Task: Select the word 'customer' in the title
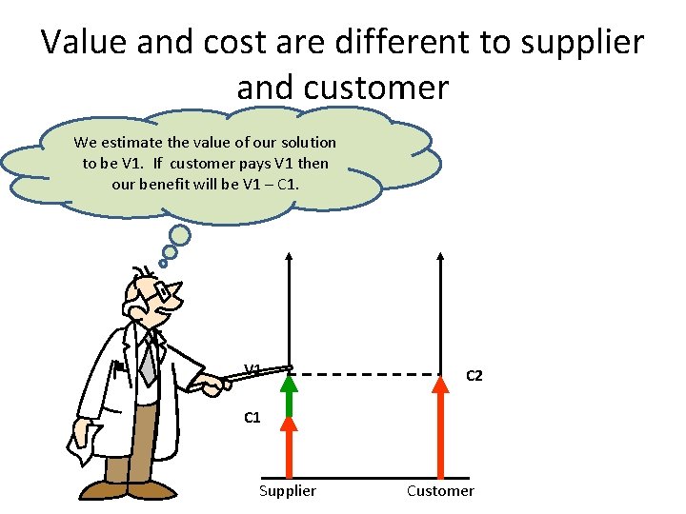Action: click(342, 87)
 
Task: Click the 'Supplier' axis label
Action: click(287, 490)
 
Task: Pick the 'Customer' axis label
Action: click(439, 490)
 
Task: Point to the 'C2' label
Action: click(474, 376)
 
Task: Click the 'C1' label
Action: click(252, 417)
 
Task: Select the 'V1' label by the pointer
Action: click(252, 369)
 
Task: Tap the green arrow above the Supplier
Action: click(289, 395)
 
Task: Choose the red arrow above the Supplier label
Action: click(289, 447)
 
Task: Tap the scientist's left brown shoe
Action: click(100, 490)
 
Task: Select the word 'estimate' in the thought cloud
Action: click(135, 142)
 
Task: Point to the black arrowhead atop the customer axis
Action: click(440, 256)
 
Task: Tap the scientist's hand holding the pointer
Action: click(210, 385)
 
